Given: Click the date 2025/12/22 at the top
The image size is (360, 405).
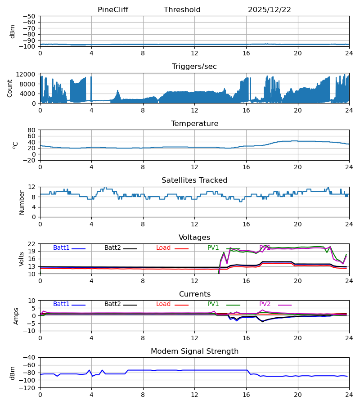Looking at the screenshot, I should coord(270,10).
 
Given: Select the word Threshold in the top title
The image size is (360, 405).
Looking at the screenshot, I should coord(182,10).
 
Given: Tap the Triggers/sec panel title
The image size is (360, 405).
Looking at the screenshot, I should coord(194,67).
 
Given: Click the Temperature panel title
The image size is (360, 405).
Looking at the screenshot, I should coord(194,124).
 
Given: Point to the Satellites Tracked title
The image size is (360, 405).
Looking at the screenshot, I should coord(194,180).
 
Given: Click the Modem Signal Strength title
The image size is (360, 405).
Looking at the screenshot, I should coord(194,351).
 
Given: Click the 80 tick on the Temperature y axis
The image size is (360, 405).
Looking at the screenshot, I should coord(31,130).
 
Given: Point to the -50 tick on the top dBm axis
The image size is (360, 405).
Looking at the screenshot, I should coord(30,16).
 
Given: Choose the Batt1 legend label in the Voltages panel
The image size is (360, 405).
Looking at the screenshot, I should coord(62,248).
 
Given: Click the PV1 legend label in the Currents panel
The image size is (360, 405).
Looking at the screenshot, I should coord(213,304).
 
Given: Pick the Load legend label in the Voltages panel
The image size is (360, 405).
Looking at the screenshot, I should coord(163,248).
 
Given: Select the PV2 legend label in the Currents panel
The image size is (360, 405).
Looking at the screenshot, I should coord(265,304).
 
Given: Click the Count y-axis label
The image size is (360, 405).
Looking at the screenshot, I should coord(10,88).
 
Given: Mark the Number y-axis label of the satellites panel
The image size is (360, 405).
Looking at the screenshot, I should coord(22,202).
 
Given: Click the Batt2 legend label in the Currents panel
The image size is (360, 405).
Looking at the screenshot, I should coord(113,304).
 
